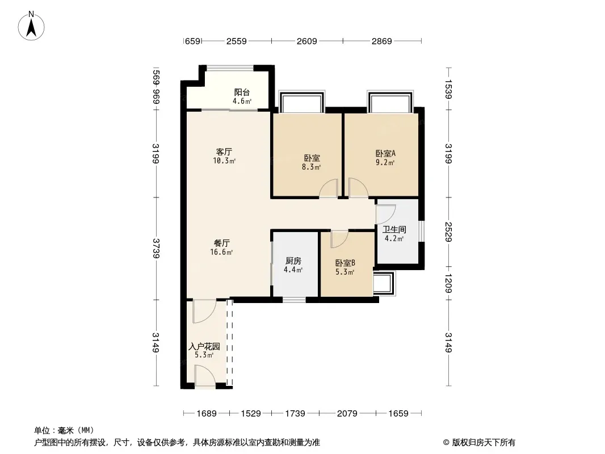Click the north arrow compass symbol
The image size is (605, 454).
pos(31,26)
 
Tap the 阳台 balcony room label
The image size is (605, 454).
pos(242,92)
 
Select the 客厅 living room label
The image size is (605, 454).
pos(224,152)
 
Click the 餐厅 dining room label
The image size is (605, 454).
pos(221,243)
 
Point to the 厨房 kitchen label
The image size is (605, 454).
pos(293,261)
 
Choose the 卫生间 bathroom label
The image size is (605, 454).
pos(394,229)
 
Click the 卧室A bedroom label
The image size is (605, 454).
pos(385,153)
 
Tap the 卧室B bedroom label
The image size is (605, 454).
pos(345,263)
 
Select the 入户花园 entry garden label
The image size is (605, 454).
pos(204,346)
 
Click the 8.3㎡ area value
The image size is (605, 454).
pos(312,167)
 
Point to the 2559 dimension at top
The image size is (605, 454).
pos(237,41)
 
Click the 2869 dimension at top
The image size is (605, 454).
pos(381,41)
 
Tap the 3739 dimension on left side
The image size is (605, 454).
pos(156,249)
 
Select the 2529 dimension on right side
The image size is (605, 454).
pos(448,232)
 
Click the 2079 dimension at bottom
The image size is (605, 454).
pos(347,414)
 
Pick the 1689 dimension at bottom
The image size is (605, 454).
pos(207,414)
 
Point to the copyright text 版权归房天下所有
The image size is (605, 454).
pos(484,443)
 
